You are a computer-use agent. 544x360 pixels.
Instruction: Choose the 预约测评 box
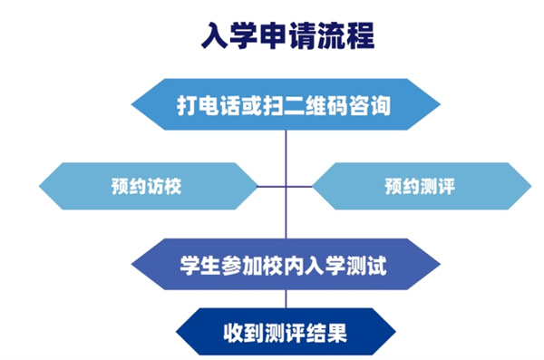[419, 187]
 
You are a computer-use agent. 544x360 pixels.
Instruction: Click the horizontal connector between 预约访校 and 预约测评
[287, 187]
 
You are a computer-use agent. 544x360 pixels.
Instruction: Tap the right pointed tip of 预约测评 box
[531, 187]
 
